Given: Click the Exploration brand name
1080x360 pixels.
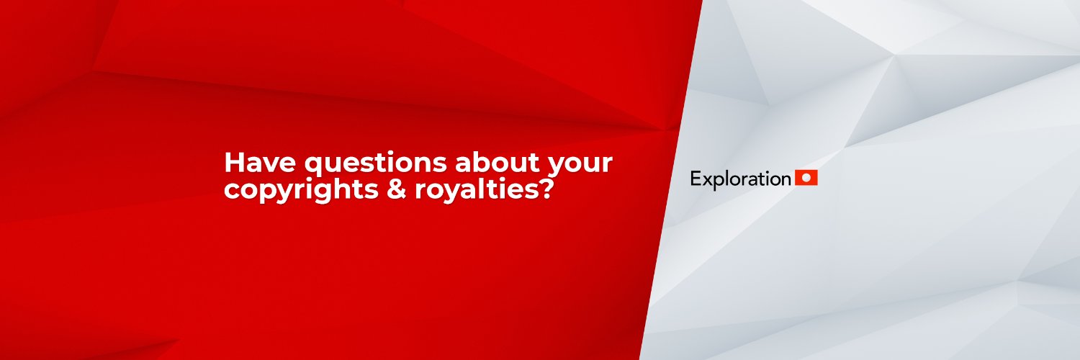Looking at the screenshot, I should tap(739, 179).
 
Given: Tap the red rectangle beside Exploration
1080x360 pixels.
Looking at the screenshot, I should tap(806, 177).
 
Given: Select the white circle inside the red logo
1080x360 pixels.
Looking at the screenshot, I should tap(806, 177).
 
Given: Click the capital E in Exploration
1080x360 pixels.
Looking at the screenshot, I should tap(696, 179).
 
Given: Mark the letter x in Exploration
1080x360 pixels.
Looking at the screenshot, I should tap(706, 180).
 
